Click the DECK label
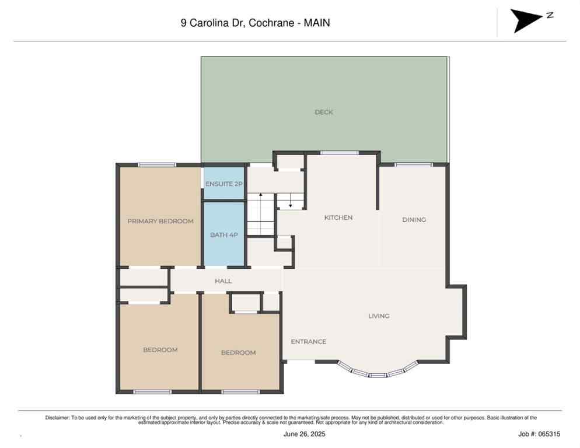324,112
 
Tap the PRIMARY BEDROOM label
160,221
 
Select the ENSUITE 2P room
223,184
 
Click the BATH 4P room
223,235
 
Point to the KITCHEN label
338,218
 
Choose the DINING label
414,220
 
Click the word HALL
223,281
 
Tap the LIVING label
379,316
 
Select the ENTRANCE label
308,342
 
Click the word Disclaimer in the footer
57,418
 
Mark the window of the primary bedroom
157,164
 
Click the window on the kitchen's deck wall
339,153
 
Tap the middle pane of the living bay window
378,374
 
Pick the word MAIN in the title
317,23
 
